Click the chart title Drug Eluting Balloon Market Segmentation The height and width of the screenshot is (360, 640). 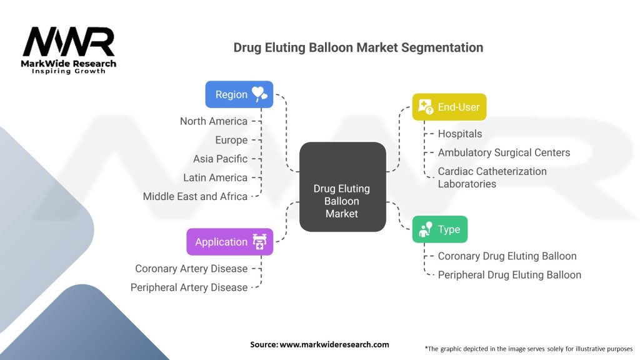(358, 47)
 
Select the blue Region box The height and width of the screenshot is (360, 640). (239, 94)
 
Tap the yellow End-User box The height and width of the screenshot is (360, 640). (449, 107)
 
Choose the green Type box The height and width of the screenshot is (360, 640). (439, 229)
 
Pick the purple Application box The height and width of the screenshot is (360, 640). (229, 242)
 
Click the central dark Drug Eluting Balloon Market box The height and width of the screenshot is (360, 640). (342, 201)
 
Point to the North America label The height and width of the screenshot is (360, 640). (214, 121)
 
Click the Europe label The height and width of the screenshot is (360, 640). (231, 140)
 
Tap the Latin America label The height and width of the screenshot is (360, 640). (216, 177)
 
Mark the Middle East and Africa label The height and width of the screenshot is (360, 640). (195, 196)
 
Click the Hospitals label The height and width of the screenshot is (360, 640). (460, 134)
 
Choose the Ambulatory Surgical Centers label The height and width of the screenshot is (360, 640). (504, 152)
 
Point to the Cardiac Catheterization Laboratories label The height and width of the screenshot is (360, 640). (492, 177)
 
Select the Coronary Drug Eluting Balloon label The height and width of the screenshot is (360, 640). (507, 256)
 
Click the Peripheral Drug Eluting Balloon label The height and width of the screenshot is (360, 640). (509, 275)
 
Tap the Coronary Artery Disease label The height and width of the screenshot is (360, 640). (191, 269)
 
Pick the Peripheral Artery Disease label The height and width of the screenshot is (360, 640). (189, 287)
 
